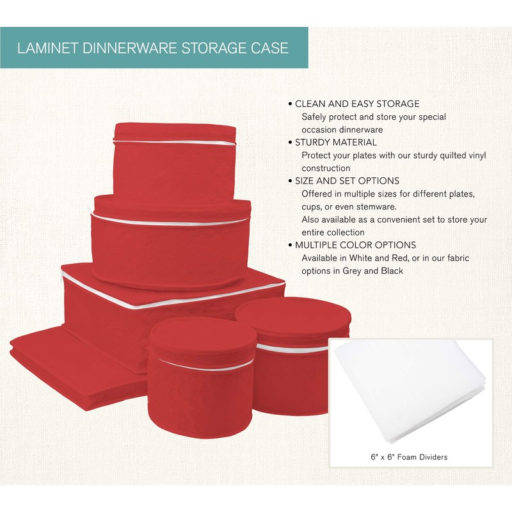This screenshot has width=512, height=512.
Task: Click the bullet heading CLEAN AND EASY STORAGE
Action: tap(357, 104)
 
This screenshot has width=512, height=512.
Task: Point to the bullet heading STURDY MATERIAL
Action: tap(335, 142)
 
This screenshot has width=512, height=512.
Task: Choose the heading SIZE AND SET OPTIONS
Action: tap(347, 180)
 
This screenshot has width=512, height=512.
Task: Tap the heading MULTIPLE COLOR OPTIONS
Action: tap(355, 245)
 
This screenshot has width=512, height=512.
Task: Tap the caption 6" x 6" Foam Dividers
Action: tap(410, 457)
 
